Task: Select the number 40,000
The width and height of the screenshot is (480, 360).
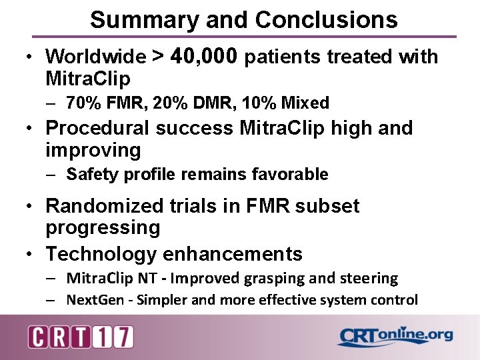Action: coord(204,57)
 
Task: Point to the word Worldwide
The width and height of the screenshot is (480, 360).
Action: coord(95,57)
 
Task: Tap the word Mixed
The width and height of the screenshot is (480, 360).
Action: coord(305,103)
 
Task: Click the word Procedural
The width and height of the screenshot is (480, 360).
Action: coord(97,128)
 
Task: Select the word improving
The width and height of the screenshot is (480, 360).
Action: coord(93,150)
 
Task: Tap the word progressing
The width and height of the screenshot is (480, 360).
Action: coord(103,229)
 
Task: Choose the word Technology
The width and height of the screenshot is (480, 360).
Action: coord(101,254)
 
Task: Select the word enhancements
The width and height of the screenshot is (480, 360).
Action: coord(232,254)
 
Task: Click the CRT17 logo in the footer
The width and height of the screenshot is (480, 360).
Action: coord(81,337)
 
